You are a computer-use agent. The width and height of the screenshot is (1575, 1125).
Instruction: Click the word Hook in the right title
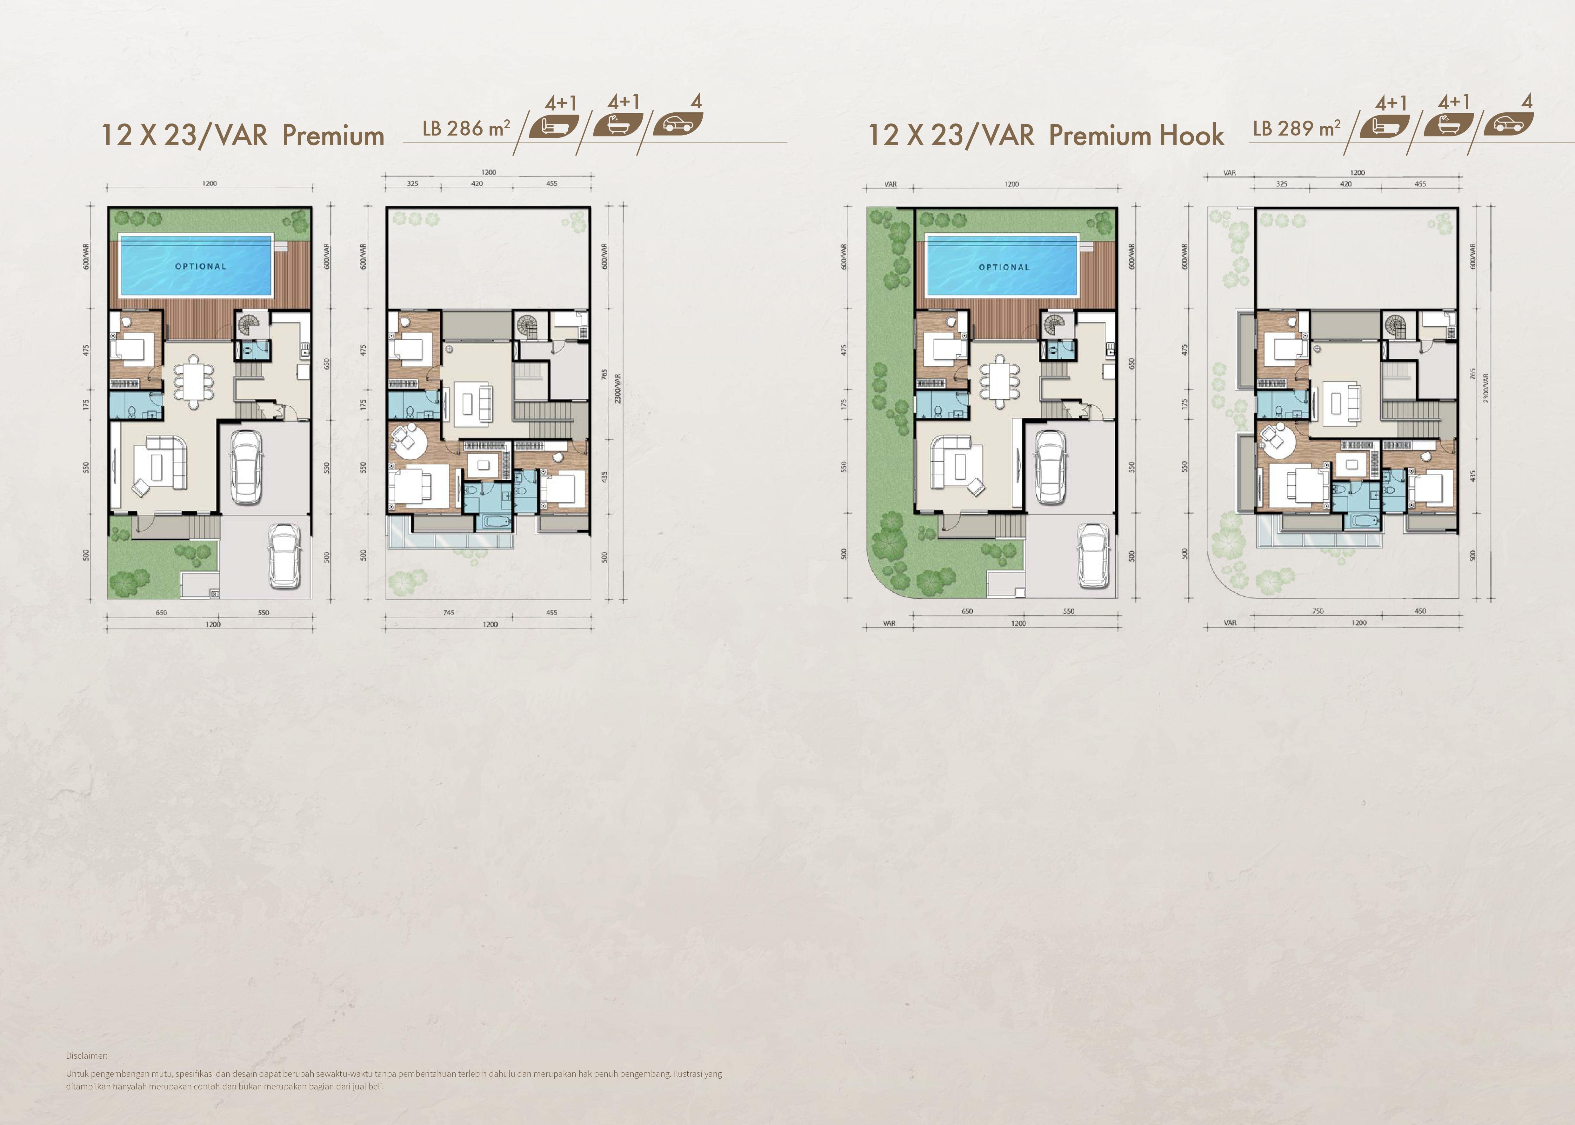click(1192, 135)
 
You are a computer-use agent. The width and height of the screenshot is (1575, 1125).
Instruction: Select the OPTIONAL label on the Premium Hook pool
click(1004, 267)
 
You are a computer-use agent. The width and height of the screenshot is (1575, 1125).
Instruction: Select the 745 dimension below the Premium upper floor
click(449, 612)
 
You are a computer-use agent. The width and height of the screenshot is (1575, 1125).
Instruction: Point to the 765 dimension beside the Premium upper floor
click(604, 375)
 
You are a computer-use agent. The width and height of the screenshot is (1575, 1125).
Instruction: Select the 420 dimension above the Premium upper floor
click(477, 183)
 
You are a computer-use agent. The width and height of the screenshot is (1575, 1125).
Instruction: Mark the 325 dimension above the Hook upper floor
click(1282, 184)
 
